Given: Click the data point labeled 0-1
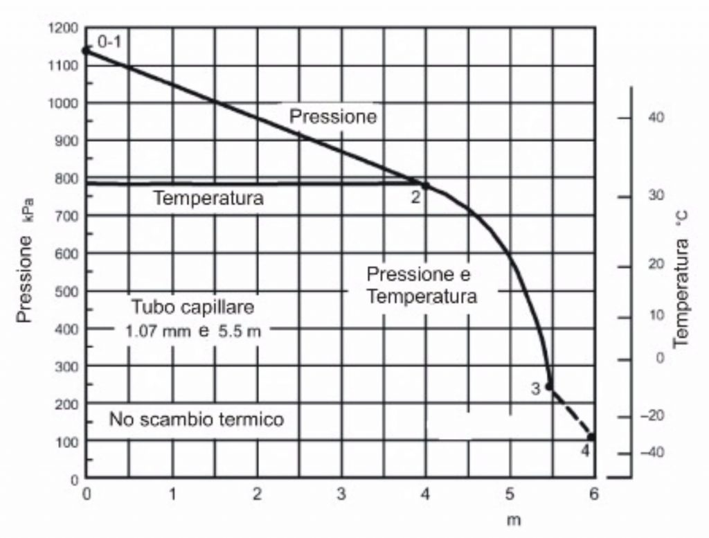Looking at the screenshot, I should coord(87,50).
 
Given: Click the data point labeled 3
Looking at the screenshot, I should coord(549,386).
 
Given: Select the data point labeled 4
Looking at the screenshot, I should coord(591,436).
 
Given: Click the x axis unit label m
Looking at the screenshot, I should coord(514,519).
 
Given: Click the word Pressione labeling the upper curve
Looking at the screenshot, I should coord(333,116).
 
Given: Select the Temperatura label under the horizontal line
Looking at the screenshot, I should coord(208,198).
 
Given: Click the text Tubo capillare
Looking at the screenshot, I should coord(193,307).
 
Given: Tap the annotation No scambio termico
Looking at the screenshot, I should coord(197,419).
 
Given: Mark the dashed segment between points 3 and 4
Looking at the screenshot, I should coord(571,411).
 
